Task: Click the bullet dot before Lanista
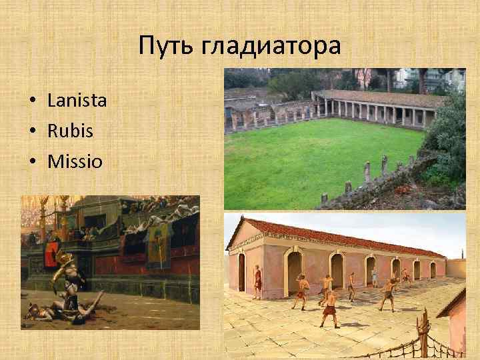point(32,101)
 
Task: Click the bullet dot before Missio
point(32,161)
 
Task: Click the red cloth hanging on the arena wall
point(51,254)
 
